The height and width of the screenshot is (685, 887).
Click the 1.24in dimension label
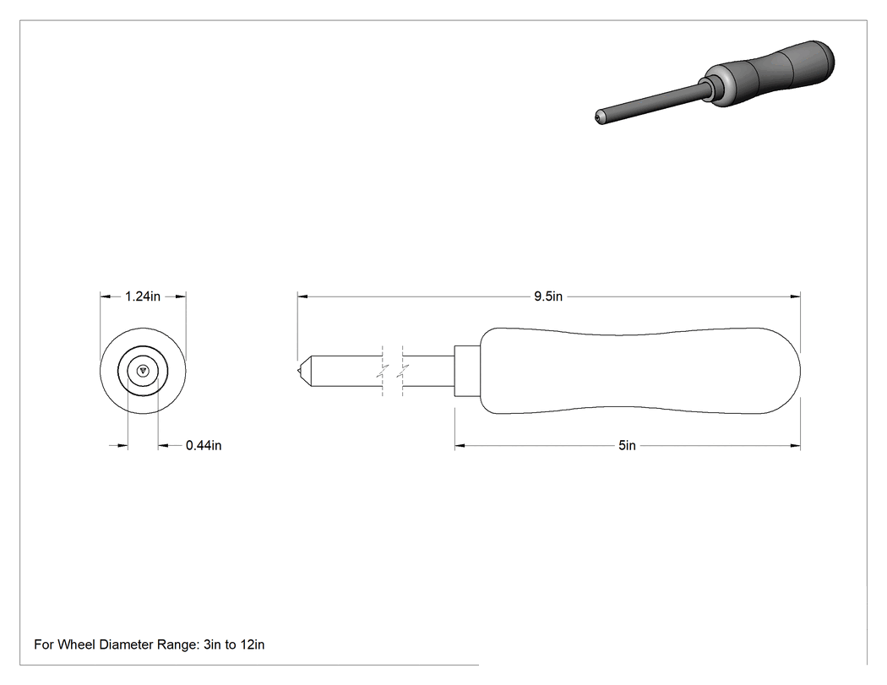[143, 296]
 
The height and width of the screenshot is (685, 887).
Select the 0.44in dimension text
[204, 446]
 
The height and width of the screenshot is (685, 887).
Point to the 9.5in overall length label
[548, 296]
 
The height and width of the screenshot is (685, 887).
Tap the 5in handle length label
[627, 446]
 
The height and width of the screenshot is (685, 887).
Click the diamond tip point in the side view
[298, 371]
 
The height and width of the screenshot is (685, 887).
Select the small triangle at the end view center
[143, 371]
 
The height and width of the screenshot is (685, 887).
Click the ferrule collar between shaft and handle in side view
[467, 371]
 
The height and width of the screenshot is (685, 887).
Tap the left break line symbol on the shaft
[384, 371]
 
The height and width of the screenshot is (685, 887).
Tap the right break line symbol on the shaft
[403, 371]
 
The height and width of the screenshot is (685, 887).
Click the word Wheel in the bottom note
[77, 644]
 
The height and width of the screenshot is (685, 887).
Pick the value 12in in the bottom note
[252, 644]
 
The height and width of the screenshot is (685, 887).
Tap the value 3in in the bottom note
[212, 644]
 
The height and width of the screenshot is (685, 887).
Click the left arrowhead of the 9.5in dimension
[302, 296]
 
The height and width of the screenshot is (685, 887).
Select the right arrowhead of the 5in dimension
[796, 446]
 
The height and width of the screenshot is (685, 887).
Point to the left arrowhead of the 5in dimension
[460, 446]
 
